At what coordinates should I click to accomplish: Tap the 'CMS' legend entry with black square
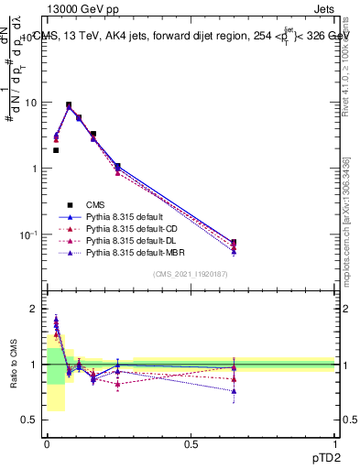[x=94, y=204]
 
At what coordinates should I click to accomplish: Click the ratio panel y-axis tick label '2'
[x=35, y=309]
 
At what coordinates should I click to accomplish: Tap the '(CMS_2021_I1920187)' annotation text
[x=191, y=274]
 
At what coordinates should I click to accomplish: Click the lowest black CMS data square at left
[x=56, y=150]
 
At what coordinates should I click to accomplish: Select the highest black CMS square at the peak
[x=69, y=104]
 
